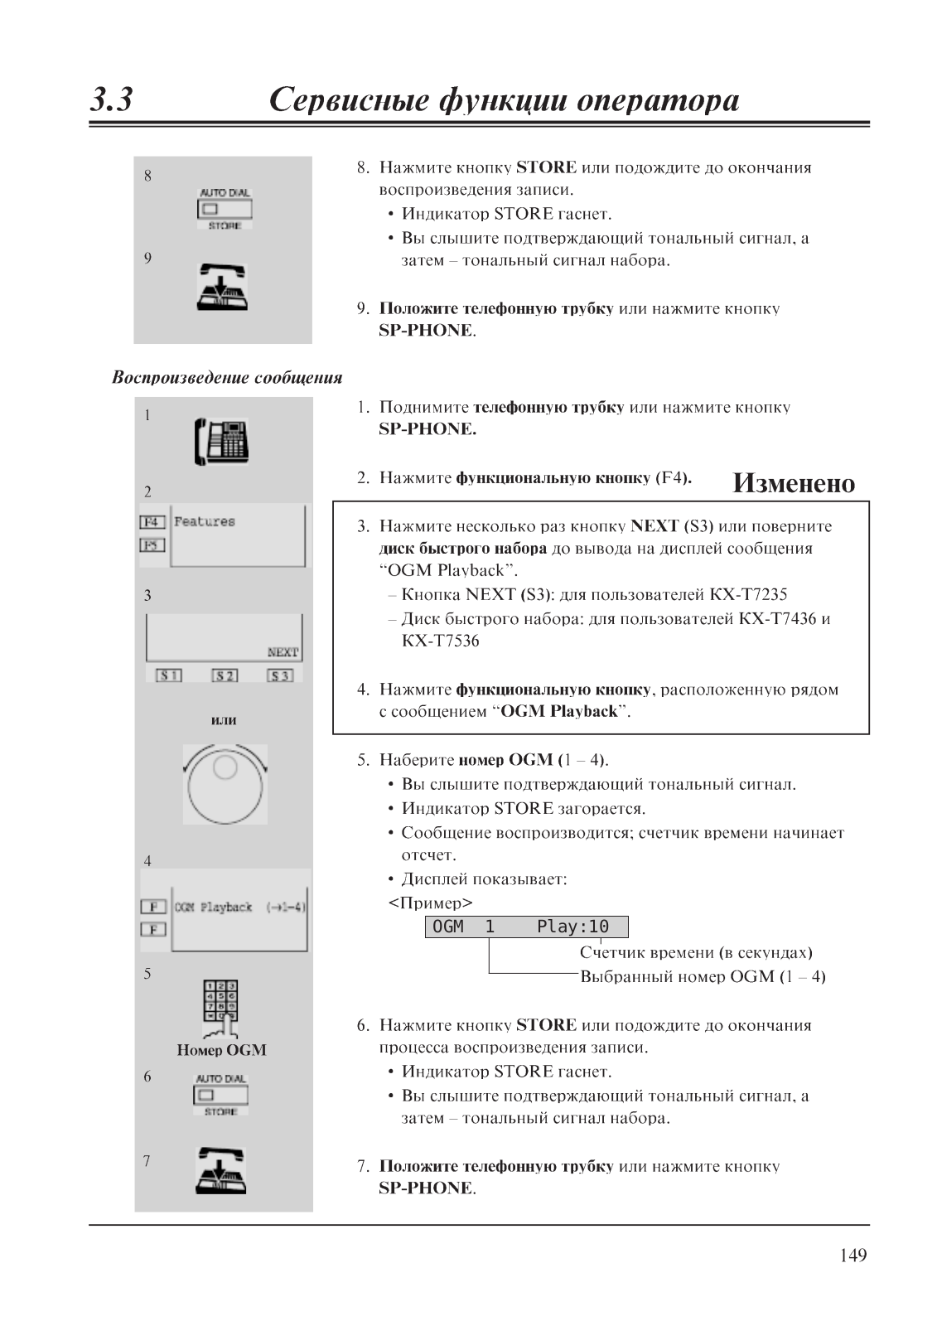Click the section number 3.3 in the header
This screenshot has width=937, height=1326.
112,100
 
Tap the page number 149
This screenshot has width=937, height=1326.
852,1256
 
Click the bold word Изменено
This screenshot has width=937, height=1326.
793,483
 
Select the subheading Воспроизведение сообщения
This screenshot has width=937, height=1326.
227,378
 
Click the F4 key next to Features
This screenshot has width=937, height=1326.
152,522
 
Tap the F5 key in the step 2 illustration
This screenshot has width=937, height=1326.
152,545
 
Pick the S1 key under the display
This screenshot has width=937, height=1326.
169,675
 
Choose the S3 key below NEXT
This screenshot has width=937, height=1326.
280,675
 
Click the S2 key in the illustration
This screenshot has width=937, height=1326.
225,675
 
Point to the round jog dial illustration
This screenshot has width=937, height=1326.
225,784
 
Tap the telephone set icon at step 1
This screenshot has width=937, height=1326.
222,442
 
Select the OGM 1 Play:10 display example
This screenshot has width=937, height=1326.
526,927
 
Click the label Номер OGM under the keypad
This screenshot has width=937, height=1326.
221,1050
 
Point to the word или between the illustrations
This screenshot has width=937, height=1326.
224,720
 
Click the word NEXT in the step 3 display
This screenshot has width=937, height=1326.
283,652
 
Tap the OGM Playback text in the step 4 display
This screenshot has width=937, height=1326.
214,907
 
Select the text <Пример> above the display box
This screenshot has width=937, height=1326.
430,903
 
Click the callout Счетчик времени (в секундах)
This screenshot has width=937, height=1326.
695,952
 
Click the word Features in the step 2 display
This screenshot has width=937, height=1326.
205,521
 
